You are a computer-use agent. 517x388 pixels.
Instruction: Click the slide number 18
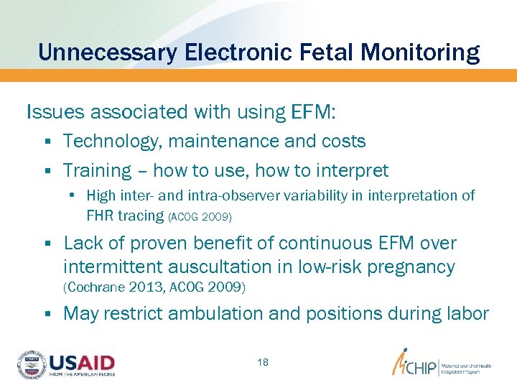click(263, 362)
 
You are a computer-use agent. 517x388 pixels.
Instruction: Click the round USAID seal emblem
click(31, 364)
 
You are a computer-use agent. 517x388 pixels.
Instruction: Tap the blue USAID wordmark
click(81, 361)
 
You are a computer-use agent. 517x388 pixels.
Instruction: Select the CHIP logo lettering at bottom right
click(419, 365)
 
